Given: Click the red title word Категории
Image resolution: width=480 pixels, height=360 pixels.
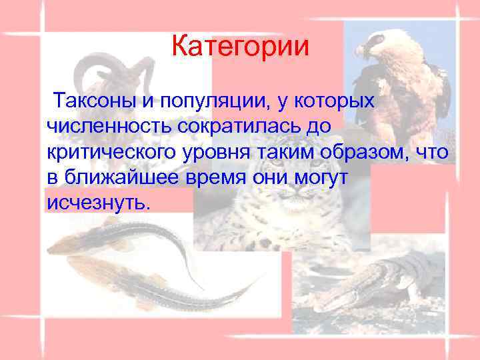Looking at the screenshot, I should coord(240,47).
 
